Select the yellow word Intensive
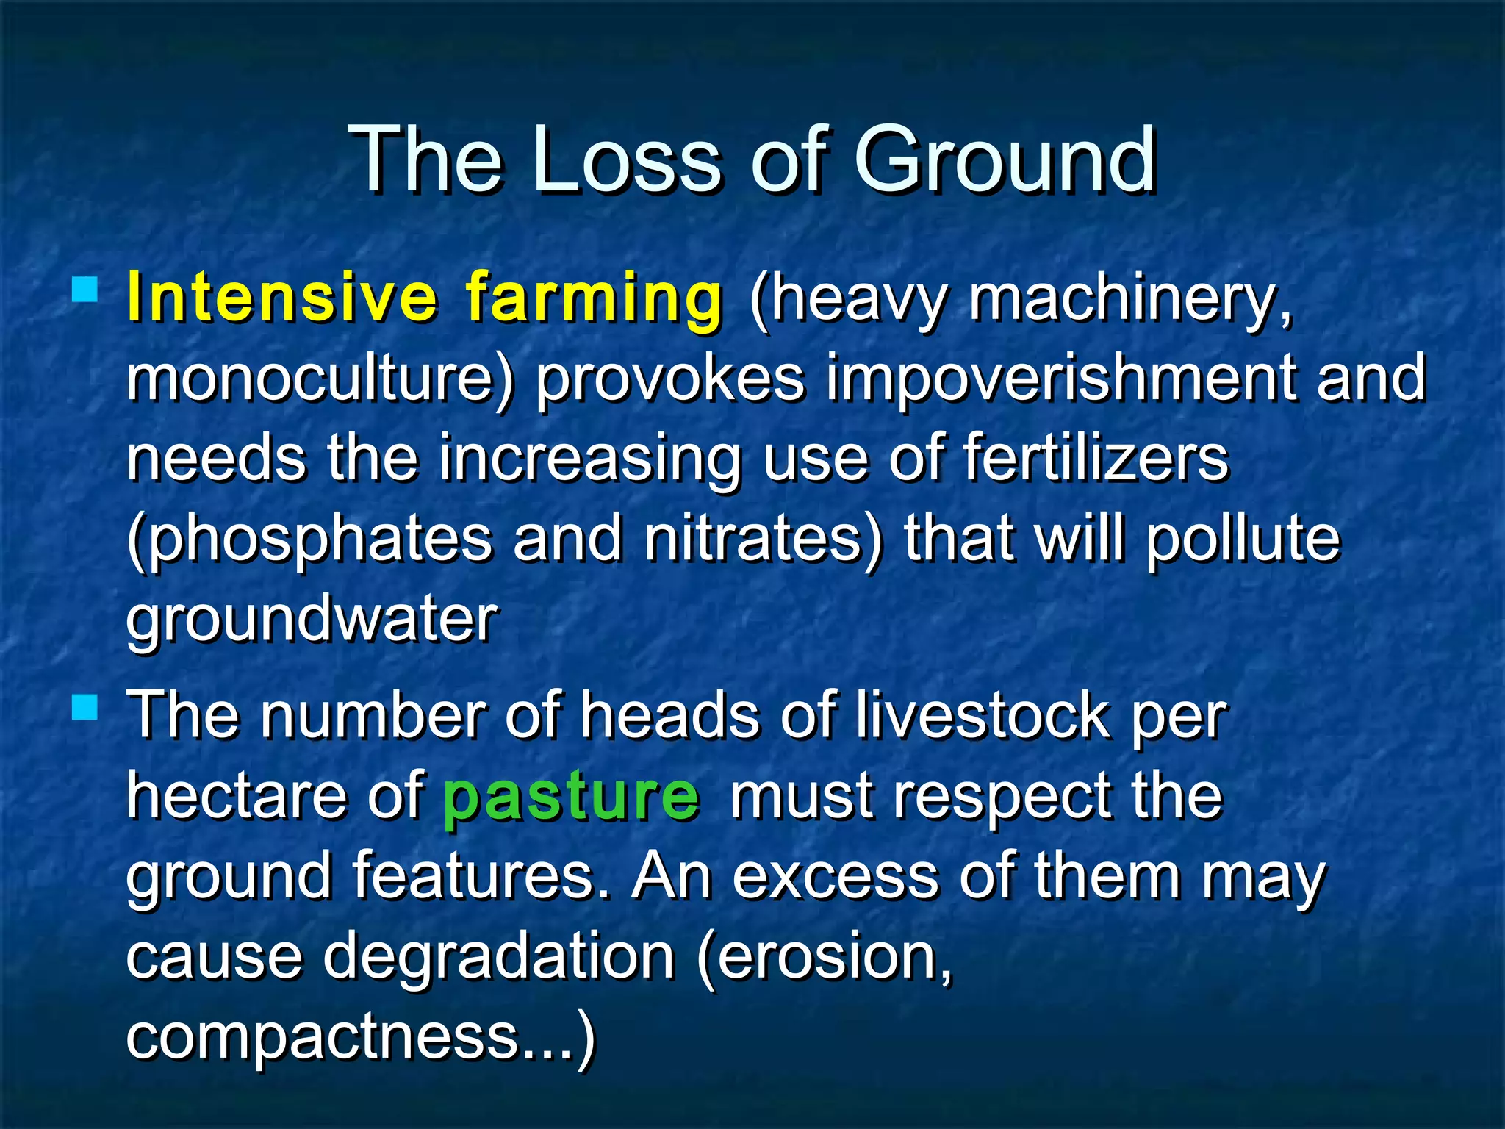click(x=282, y=297)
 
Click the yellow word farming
click(x=594, y=298)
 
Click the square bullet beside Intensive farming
click(x=85, y=290)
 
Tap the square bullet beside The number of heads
click(x=85, y=708)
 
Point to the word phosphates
click(x=309, y=540)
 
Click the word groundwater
click(x=312, y=620)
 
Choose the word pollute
click(x=1243, y=540)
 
